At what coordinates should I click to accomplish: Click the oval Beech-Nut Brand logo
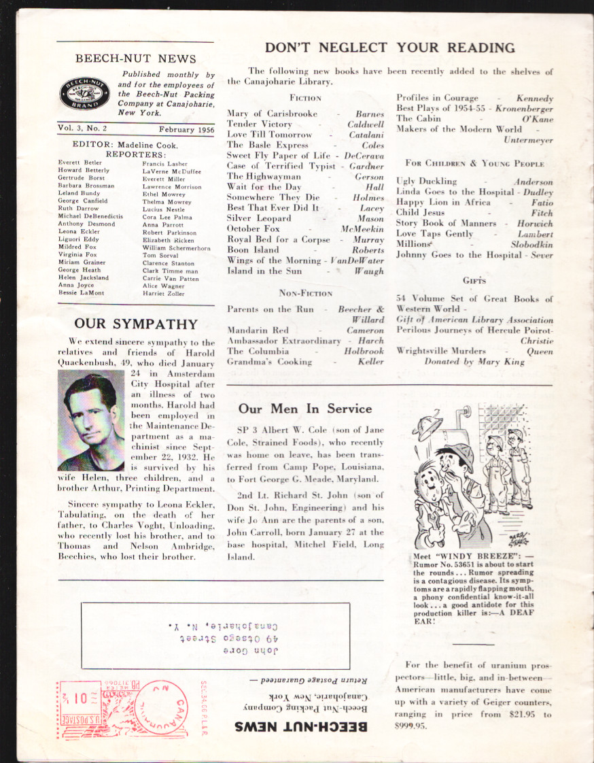85,94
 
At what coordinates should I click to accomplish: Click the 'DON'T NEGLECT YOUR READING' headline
389,48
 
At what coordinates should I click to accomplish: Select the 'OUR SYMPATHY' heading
136,324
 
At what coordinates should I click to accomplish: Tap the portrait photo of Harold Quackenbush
91,421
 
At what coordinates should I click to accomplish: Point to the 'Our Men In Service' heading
305,409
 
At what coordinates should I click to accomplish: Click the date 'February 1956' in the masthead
187,129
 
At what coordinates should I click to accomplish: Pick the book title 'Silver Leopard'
259,218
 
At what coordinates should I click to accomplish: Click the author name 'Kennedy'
535,99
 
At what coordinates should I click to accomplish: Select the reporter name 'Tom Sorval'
160,255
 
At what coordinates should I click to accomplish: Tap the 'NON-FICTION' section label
306,294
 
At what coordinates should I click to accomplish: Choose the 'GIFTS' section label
474,280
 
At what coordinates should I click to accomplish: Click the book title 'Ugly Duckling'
427,182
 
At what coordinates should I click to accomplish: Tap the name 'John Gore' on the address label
242,651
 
